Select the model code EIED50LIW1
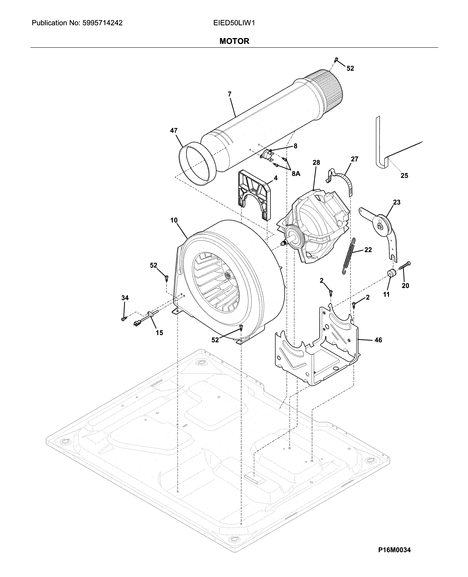[x=234, y=23]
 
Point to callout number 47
[x=174, y=131]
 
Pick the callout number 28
[x=316, y=162]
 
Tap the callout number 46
[x=378, y=340]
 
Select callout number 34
[x=125, y=298]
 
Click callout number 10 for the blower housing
[x=174, y=220]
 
